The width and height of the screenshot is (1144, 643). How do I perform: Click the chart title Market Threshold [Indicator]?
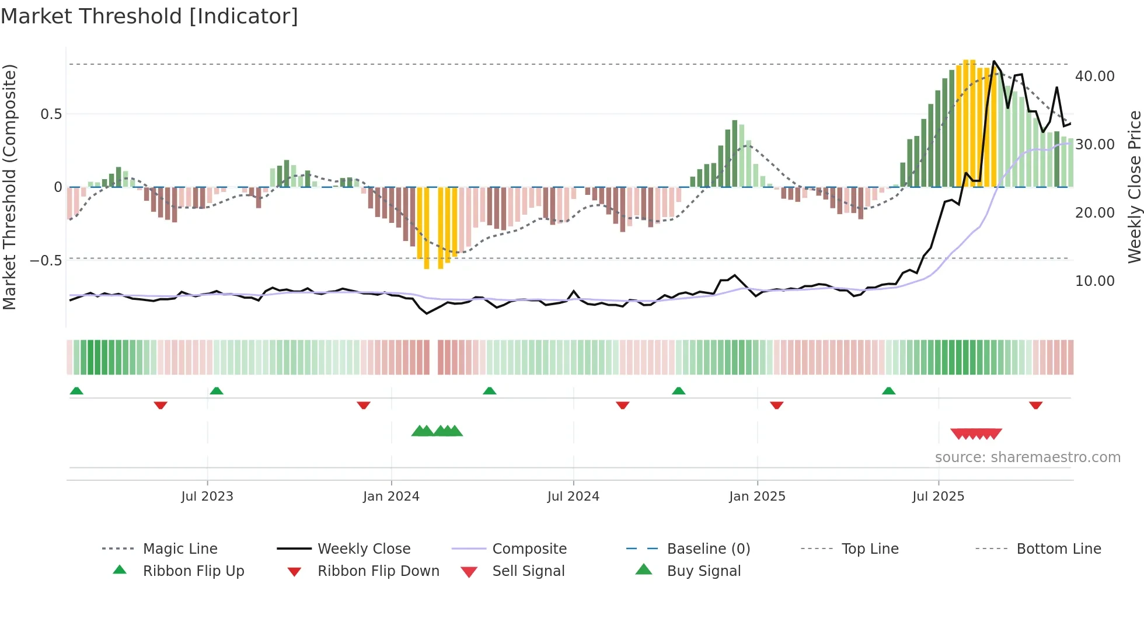point(149,16)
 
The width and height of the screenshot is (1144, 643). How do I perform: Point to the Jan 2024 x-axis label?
point(391,496)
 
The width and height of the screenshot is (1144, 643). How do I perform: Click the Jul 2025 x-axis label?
point(938,496)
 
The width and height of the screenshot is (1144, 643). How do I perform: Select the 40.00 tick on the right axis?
point(1094,76)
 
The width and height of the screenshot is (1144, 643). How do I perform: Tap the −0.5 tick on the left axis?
point(46,260)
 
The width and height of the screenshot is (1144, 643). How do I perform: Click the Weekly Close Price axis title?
point(1134,187)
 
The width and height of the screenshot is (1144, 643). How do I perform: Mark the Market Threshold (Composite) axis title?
point(9,187)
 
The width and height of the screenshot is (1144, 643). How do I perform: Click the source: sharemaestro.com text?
point(1027,457)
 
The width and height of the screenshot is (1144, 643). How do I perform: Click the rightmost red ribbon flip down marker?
point(1035,405)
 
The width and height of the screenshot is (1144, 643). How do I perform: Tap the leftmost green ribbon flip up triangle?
point(76,391)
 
